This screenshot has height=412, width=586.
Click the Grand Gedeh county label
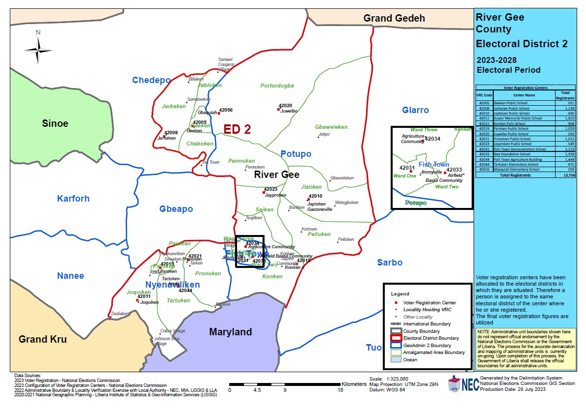(x=394, y=19)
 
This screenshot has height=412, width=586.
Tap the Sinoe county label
(x=55, y=123)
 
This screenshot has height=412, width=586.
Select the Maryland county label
(x=230, y=332)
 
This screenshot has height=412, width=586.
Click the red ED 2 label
(x=237, y=129)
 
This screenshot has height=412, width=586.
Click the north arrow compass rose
(x=38, y=49)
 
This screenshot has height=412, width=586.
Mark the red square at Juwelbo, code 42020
(x=278, y=109)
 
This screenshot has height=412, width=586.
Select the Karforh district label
(x=73, y=199)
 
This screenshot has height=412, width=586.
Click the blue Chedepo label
(x=151, y=80)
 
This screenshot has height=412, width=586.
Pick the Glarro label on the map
(x=415, y=110)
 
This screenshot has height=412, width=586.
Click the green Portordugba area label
(x=277, y=86)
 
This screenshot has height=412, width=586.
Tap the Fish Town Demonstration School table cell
(x=520, y=149)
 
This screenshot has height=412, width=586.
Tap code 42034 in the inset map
(x=433, y=139)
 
